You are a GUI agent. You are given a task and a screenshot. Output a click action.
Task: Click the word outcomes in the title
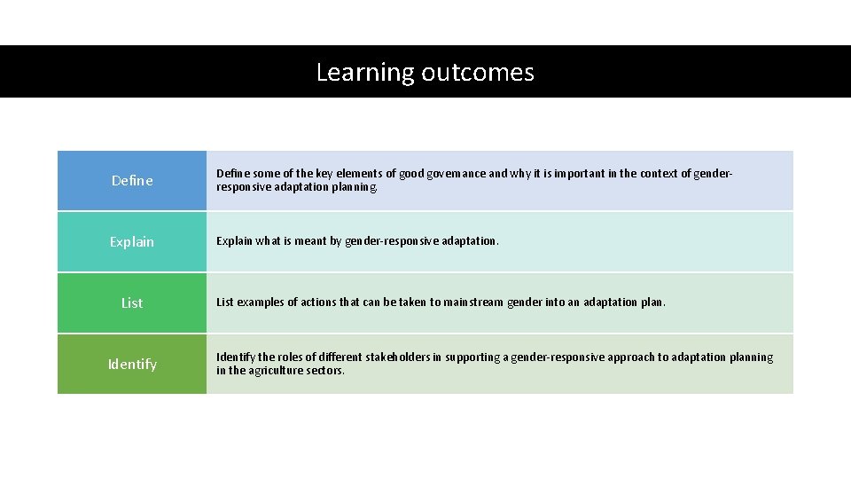point(478,72)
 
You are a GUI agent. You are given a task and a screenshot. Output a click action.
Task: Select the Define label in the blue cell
point(132,181)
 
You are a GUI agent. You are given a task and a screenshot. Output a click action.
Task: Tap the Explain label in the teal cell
point(132,242)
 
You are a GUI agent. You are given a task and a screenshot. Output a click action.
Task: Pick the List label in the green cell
point(132,303)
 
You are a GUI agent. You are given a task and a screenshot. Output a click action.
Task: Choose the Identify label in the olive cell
point(132,365)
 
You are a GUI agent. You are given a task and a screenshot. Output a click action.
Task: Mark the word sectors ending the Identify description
point(327,371)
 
